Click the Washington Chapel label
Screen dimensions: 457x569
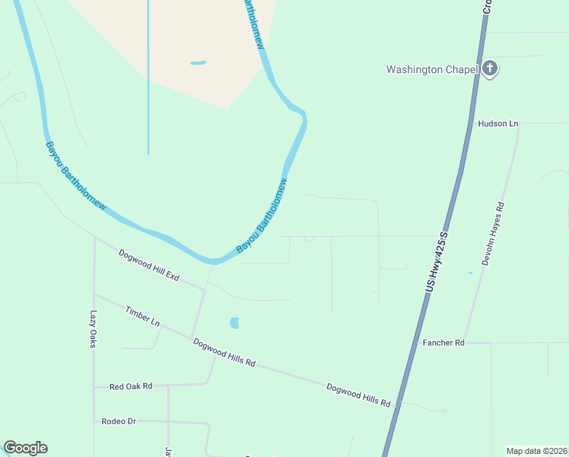click(x=431, y=69)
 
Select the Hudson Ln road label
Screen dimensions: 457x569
click(x=497, y=123)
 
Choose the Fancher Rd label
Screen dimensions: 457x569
click(x=443, y=344)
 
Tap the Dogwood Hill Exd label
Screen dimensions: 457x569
click(x=148, y=266)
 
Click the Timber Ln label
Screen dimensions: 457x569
click(x=143, y=317)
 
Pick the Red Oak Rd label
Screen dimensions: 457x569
click(x=131, y=386)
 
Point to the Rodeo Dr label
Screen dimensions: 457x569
click(x=118, y=420)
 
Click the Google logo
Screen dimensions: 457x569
click(x=25, y=448)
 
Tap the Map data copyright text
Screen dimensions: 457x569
click(x=536, y=451)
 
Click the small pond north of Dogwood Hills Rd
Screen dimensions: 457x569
click(x=234, y=323)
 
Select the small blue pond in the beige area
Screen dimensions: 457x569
click(x=198, y=62)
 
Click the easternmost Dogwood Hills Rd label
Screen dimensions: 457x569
click(x=358, y=394)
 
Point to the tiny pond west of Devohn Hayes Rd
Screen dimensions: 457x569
click(x=470, y=273)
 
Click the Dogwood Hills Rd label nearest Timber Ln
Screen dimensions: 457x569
click(x=224, y=353)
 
